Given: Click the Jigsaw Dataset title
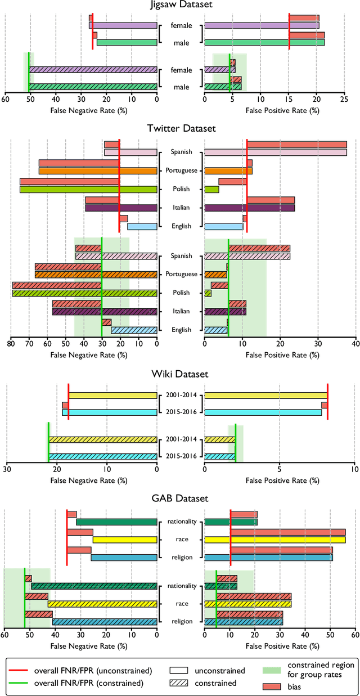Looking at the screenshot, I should pos(181,5).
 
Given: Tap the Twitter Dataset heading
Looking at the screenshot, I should pos(181,128).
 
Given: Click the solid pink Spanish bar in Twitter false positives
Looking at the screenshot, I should pos(275,152).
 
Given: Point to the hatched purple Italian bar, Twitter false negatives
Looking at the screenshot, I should pos(105,311).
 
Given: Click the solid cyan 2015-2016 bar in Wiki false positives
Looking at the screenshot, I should pos(263,412).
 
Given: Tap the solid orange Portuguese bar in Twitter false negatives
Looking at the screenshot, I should pos(98,170).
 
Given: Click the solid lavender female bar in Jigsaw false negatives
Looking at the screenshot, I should pos(123,25).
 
